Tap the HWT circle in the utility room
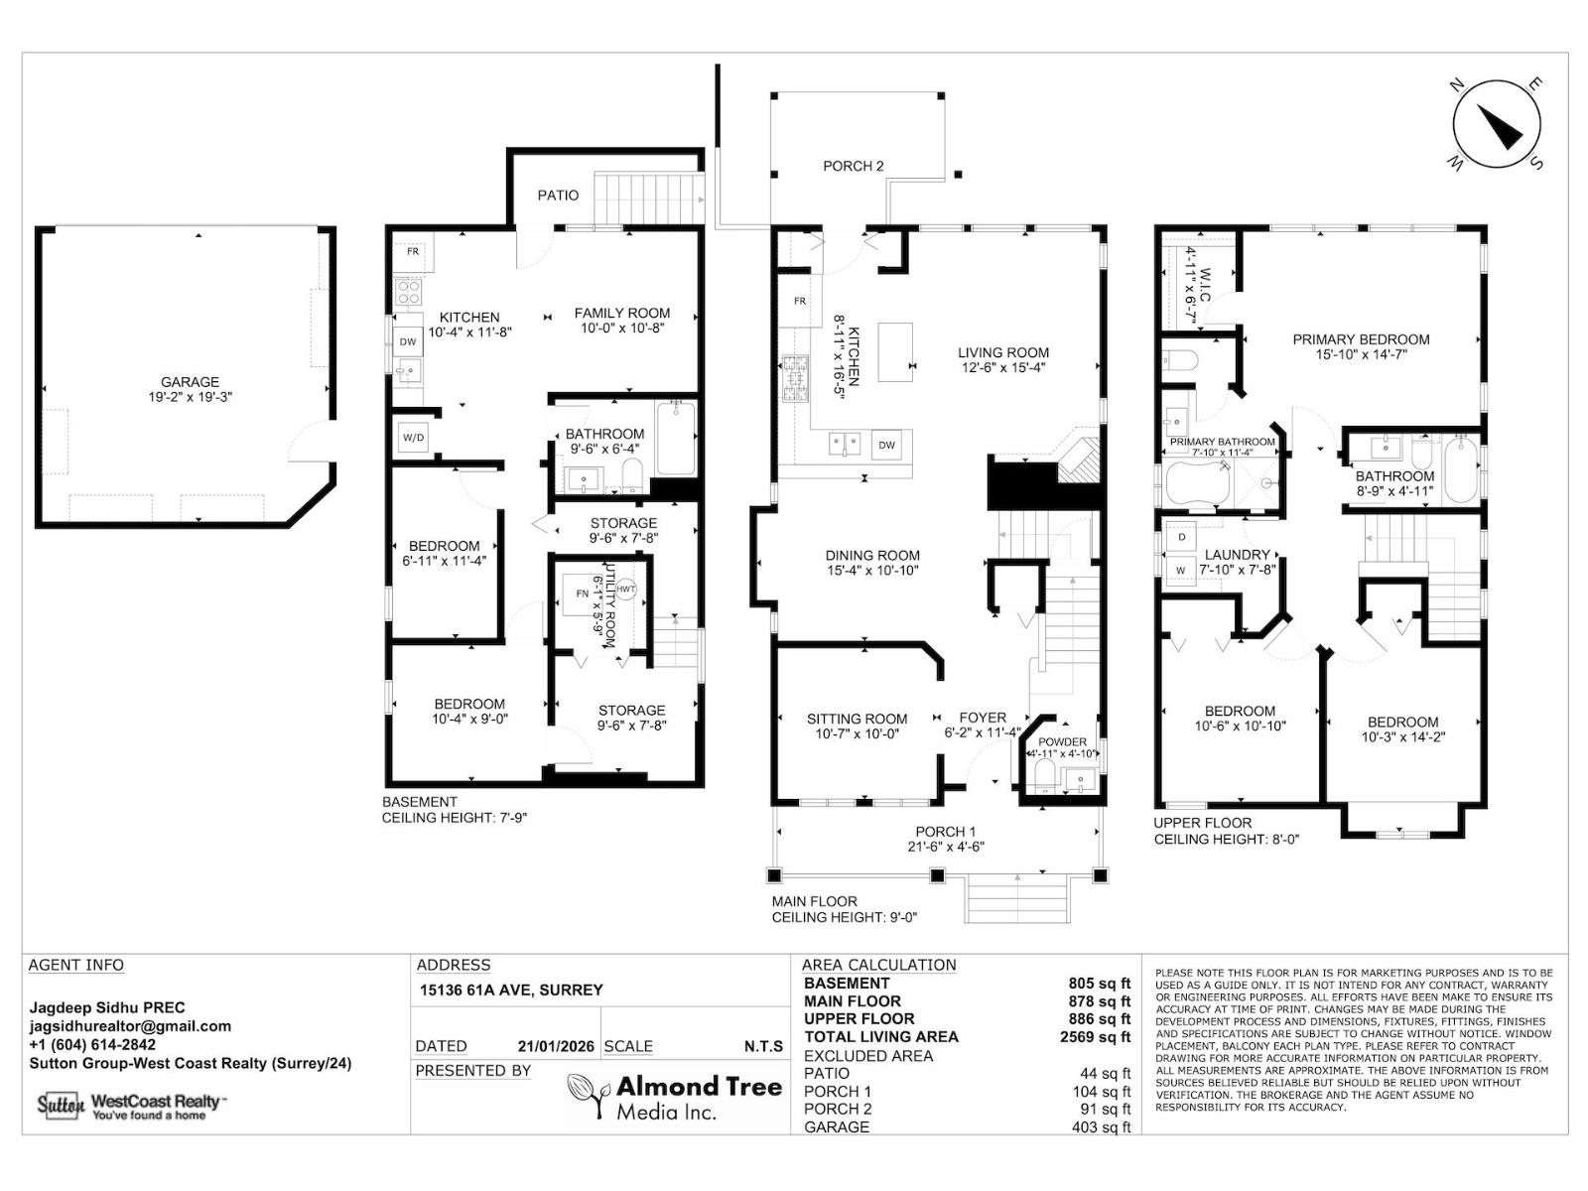625,589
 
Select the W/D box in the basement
414,438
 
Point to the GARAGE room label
190,382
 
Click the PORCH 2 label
853,167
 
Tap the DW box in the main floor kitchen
887,446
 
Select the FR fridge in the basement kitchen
412,252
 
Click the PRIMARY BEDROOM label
1361,339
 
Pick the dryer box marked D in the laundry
1181,537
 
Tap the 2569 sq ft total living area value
1095,1036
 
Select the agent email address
130,1026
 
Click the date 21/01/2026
556,1046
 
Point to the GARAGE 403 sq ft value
1101,1126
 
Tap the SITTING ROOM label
858,719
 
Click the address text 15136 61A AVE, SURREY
511,990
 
